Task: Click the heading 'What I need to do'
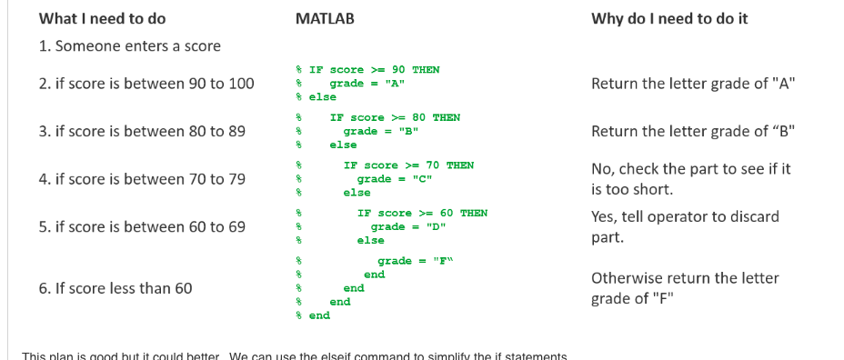[x=102, y=18]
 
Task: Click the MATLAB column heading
[x=325, y=18]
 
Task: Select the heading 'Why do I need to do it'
[x=669, y=18]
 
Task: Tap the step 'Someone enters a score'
[x=129, y=45]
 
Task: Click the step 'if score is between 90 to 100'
[x=146, y=84]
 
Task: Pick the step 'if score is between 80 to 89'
[x=142, y=131]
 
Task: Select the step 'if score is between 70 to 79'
[x=142, y=179]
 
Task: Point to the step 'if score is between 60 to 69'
[x=142, y=226]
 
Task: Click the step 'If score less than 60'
[x=116, y=288]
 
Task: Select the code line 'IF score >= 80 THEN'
[x=395, y=117]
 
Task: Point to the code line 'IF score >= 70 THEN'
[x=408, y=165]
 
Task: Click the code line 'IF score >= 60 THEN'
[x=422, y=213]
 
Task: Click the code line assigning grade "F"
[x=415, y=261]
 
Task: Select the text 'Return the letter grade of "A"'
[x=693, y=84]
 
